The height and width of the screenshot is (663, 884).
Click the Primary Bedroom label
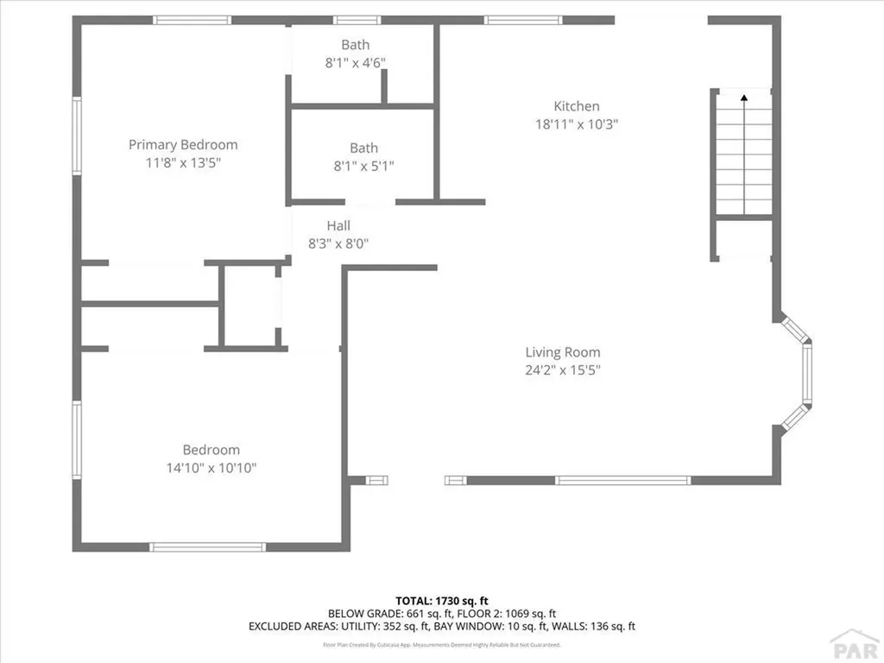pos(183,144)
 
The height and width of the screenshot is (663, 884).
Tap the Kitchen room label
pos(577,106)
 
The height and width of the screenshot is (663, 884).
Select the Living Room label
pos(563,352)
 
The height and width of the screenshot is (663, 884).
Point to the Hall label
pos(338,225)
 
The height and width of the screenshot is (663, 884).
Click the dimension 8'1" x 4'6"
pos(355,62)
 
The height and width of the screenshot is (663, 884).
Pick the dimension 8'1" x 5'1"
pos(363,166)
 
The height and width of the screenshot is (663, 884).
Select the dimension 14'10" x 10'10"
pos(212,468)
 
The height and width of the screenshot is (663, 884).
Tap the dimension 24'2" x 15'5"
pos(563,370)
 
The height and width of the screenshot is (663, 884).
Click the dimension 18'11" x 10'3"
pos(577,123)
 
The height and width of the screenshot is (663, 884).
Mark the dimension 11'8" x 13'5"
pos(183,162)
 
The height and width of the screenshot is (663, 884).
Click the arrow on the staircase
pos(744,98)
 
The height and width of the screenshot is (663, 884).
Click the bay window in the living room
pos(805,375)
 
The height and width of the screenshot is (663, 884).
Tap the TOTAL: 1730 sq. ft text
pos(442,600)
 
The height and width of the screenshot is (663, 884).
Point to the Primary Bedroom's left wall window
pos(77,136)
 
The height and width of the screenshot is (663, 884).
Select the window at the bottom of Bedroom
pos(207,546)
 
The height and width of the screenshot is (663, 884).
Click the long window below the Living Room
pos(622,480)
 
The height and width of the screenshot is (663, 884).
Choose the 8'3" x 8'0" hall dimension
pos(338,243)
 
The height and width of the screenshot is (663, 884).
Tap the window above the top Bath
pos(357,20)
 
